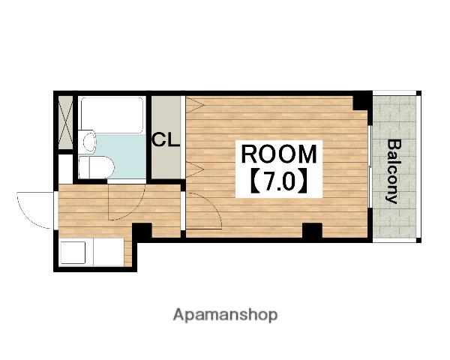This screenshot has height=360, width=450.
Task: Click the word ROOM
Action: (279, 154)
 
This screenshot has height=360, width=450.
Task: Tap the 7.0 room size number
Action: (279, 182)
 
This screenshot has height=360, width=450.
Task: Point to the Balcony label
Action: (393, 172)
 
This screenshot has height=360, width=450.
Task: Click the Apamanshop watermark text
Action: (225, 315)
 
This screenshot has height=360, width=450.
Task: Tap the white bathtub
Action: (112, 115)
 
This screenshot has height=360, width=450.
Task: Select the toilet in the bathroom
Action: (96, 167)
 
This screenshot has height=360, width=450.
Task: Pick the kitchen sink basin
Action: (73, 253)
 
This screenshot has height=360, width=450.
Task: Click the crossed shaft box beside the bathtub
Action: (66, 122)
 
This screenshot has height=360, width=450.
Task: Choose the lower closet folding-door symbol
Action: (194, 169)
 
